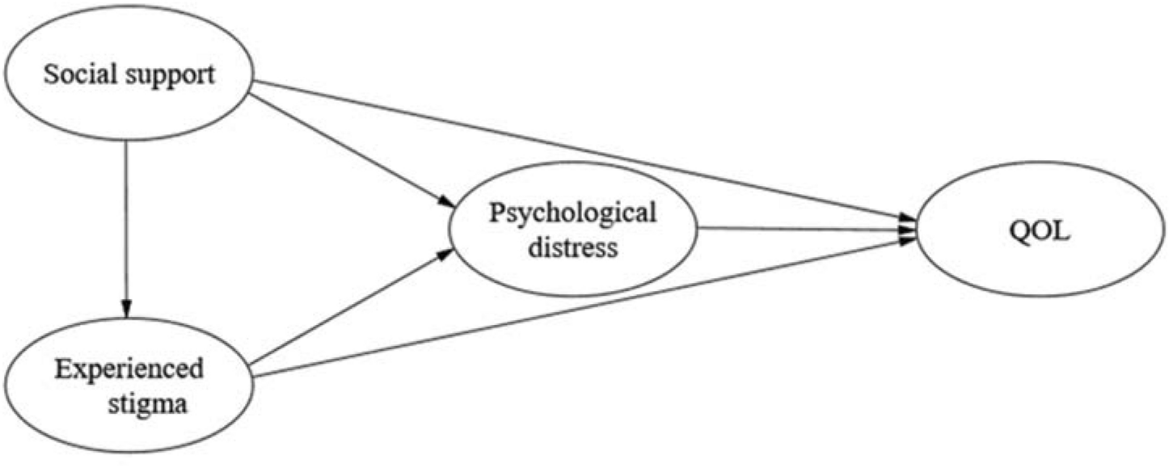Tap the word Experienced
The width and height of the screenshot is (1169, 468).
pos(129,371)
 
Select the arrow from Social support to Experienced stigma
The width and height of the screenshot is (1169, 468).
pos(125,226)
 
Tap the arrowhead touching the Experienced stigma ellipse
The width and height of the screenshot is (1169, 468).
pos(125,308)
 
